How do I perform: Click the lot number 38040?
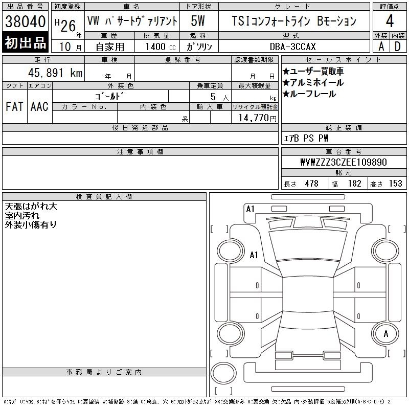pyautogui.click(x=25, y=21)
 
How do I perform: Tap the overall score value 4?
pyautogui.click(x=390, y=21)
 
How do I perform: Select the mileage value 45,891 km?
pyautogui.click(x=55, y=73)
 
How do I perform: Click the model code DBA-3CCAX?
pyautogui.click(x=292, y=47)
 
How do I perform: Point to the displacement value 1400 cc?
pyautogui.click(x=161, y=47)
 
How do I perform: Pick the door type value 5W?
pyautogui.click(x=198, y=21)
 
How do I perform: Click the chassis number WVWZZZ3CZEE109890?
pyautogui.click(x=344, y=162)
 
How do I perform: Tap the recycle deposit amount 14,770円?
pyautogui.click(x=258, y=118)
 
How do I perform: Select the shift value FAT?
pyautogui.click(x=14, y=106)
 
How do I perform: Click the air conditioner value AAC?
pyautogui.click(x=39, y=106)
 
